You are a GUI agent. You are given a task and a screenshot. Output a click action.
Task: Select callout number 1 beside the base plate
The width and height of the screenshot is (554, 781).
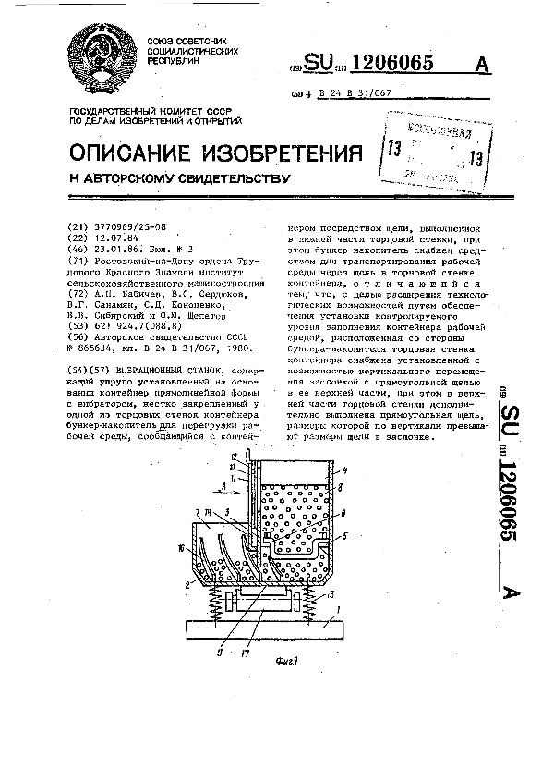tap(339, 608)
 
